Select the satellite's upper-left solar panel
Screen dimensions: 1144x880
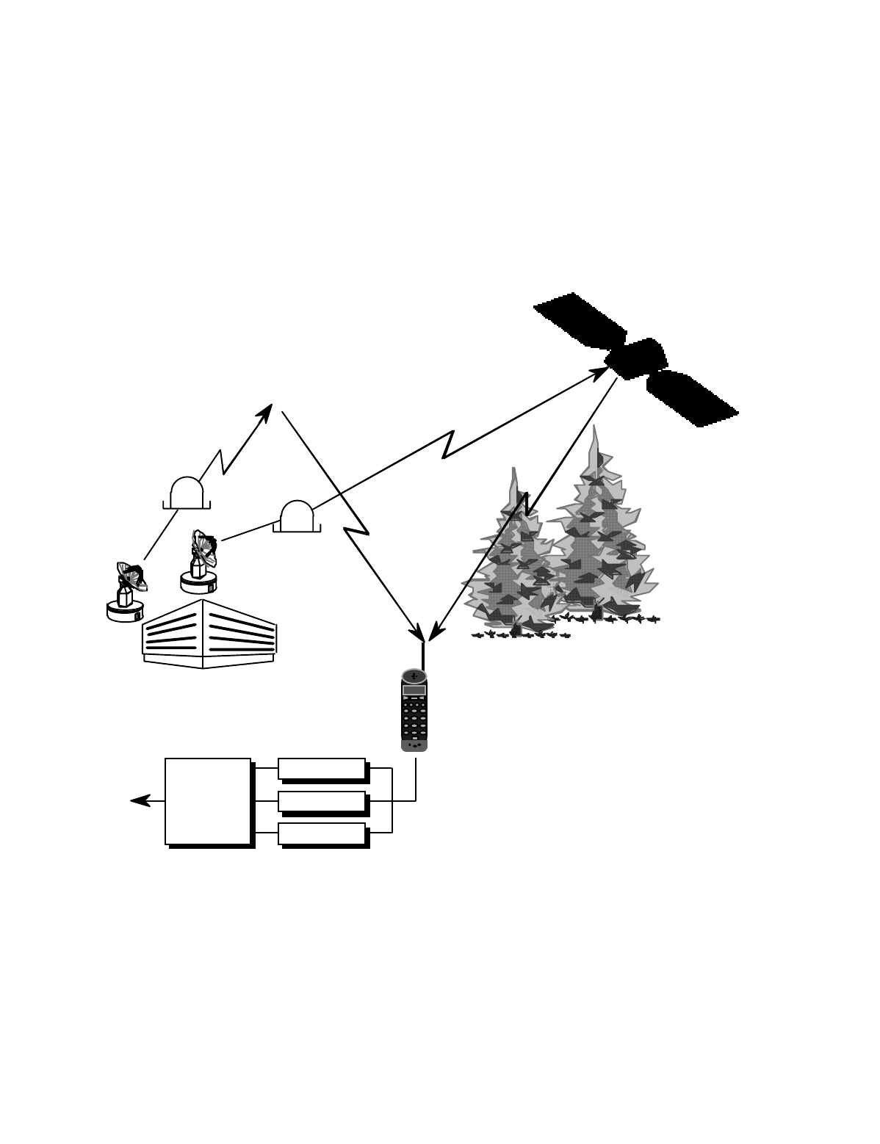(x=579, y=321)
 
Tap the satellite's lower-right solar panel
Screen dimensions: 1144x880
(x=691, y=398)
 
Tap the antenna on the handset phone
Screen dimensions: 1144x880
(x=423, y=655)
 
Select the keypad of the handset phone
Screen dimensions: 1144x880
(x=414, y=720)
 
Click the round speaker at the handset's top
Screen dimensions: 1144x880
(x=414, y=676)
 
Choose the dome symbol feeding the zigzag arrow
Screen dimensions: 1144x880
(x=187, y=493)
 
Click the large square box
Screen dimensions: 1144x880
(x=208, y=801)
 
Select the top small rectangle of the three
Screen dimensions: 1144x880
(x=322, y=769)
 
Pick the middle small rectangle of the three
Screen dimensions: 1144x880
(x=322, y=801)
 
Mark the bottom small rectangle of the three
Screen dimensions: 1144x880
(x=322, y=833)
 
